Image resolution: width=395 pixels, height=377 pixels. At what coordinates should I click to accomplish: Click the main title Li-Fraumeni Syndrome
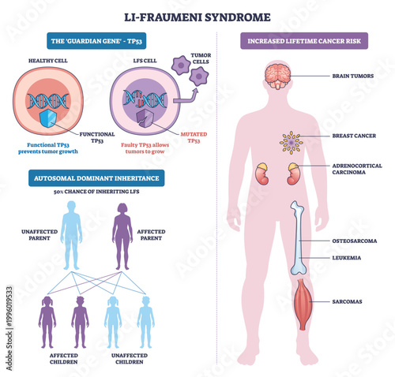click(197, 16)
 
